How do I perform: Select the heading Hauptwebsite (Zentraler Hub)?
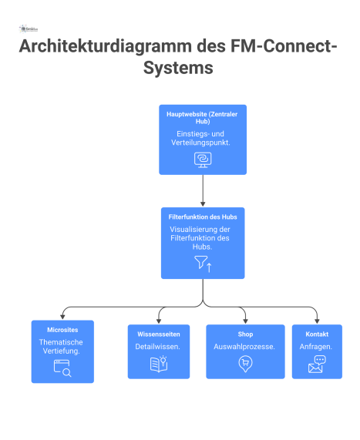tap(203, 118)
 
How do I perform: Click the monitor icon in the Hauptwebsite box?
tap(203, 160)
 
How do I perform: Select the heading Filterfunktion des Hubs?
tap(203, 217)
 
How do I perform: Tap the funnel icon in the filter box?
tap(202, 264)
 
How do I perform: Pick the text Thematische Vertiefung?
tap(61, 345)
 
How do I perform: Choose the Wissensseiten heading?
tap(158, 334)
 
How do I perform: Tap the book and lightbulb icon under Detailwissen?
tap(158, 364)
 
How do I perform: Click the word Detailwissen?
tap(158, 348)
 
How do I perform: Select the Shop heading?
tap(244, 334)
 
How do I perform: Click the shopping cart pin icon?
tap(244, 365)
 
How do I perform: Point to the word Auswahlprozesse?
tap(244, 348)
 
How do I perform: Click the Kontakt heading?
tap(316, 334)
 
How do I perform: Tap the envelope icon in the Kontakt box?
tap(316, 364)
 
